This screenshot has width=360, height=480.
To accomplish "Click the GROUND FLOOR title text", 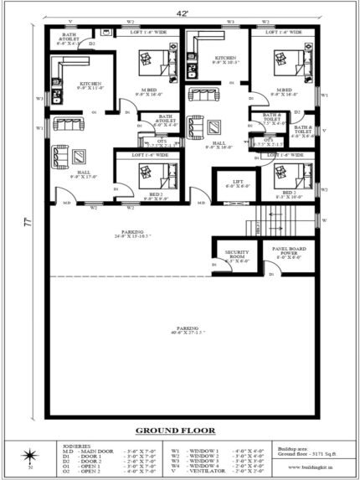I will point(175,431).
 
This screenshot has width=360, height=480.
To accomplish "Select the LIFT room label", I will point(231,183).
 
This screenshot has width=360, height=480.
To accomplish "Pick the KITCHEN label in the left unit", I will point(90,85).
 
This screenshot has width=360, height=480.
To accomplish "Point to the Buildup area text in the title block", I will point(296,449).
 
